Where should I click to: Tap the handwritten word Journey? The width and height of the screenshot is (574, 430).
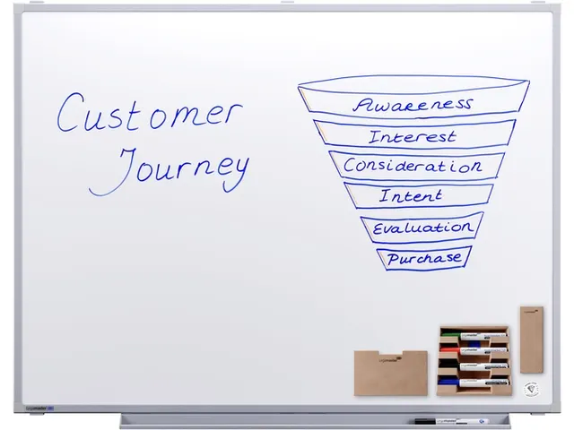click(170, 171)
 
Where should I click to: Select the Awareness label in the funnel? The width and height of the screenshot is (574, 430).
click(413, 105)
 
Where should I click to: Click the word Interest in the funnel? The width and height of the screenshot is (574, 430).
click(413, 137)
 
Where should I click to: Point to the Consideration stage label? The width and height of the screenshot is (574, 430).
click(413, 166)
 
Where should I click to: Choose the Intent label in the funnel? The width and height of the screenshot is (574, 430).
click(411, 195)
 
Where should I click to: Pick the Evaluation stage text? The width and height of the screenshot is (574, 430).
click(422, 228)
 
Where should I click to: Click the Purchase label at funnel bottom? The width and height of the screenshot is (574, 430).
click(424, 258)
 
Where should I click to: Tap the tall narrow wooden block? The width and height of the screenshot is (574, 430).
click(532, 340)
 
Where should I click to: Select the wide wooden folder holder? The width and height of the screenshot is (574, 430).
click(391, 373)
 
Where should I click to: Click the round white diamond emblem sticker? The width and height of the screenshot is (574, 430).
click(531, 389)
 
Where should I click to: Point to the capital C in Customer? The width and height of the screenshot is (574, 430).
click(70, 112)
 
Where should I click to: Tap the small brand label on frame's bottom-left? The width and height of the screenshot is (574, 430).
click(39, 408)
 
